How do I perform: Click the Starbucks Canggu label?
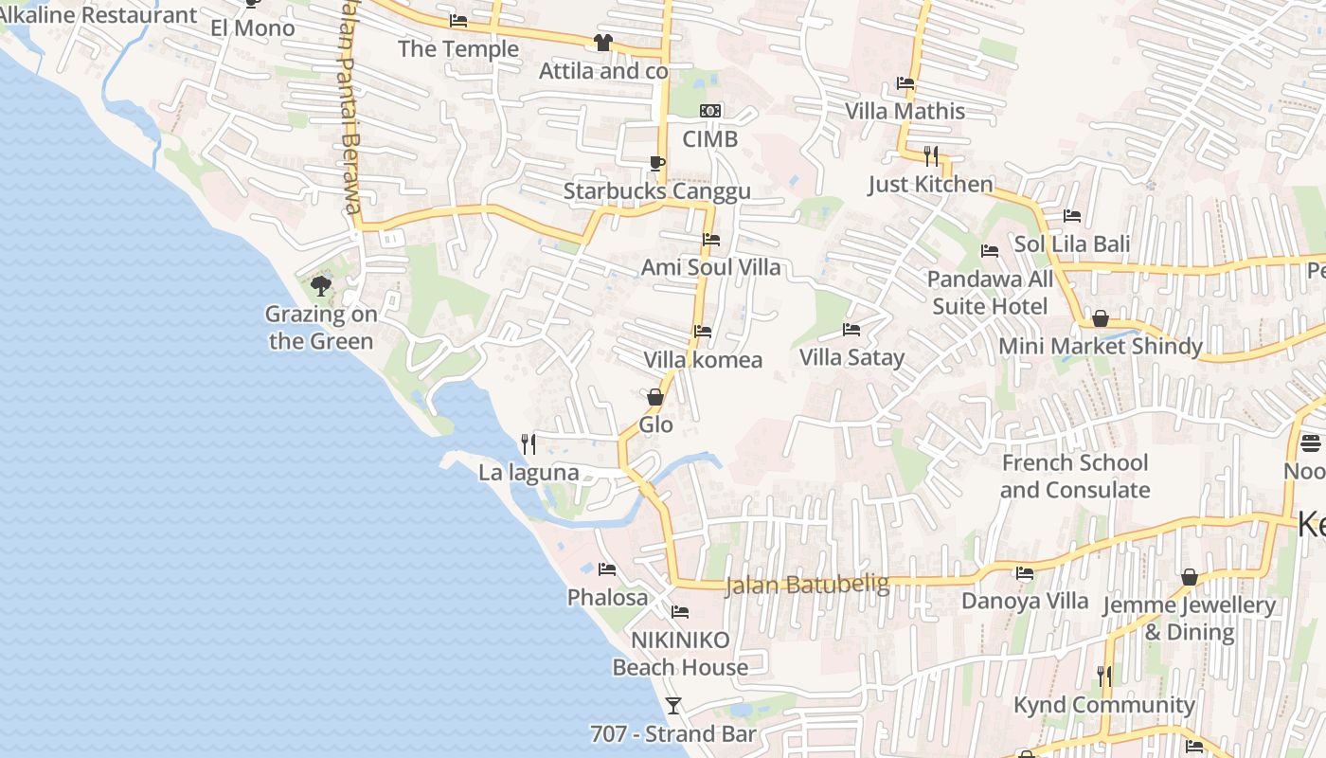[656, 191]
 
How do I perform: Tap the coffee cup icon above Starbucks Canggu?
[656, 163]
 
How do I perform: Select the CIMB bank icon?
[710, 112]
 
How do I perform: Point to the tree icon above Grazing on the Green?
[321, 285]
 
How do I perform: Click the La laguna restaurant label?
[529, 473]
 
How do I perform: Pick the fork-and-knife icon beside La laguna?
[529, 443]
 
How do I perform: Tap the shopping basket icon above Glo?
[654, 397]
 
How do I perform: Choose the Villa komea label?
[703, 360]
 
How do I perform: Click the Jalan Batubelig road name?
[807, 586]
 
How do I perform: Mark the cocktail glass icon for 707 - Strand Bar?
[672, 705]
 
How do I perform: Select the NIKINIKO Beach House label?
[680, 654]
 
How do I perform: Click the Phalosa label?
[607, 598]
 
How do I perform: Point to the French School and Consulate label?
[1075, 477]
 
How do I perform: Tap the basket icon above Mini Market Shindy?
[1100, 318]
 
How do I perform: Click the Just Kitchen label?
[930, 185]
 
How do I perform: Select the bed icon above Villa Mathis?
[905, 83]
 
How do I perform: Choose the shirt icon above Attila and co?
[602, 42]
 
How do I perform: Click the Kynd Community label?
[1103, 706]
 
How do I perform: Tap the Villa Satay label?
[851, 358]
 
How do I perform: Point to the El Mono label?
[253, 28]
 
